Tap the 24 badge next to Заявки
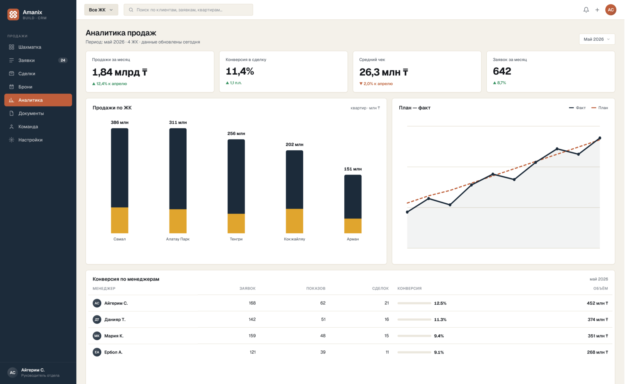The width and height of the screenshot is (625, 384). click(x=63, y=60)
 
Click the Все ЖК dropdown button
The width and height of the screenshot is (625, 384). click(x=101, y=10)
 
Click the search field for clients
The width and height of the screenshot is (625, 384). click(x=188, y=10)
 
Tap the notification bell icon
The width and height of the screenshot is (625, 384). click(x=586, y=10)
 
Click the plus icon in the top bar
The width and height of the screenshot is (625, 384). click(x=597, y=10)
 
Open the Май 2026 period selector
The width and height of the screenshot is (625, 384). click(x=597, y=39)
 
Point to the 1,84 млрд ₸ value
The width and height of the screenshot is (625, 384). click(x=120, y=72)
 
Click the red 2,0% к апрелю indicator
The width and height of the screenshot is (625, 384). click(x=376, y=83)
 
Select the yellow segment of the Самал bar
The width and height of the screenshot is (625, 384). click(x=120, y=220)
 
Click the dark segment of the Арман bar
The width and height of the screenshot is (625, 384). click(x=353, y=197)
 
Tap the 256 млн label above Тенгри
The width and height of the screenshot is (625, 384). click(x=236, y=133)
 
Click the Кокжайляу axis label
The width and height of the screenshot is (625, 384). click(x=294, y=239)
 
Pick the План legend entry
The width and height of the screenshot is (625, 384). click(x=600, y=108)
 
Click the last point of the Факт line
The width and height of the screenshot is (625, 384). click(x=600, y=138)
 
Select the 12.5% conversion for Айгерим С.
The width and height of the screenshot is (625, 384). click(x=440, y=303)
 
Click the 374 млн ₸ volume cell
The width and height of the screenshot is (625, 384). click(x=598, y=320)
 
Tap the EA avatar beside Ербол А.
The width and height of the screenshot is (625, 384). click(x=97, y=352)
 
